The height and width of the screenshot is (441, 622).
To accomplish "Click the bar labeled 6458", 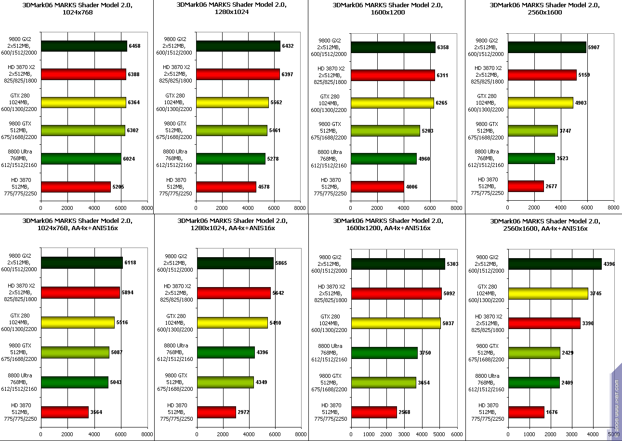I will pos(84,46).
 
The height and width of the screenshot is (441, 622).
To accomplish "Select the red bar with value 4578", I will pos(225,187).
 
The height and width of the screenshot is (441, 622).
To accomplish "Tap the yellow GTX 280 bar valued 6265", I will pos(392,103).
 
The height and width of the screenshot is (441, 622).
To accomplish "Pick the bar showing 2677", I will pos(526,186).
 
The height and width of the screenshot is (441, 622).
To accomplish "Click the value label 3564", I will pos(96,413).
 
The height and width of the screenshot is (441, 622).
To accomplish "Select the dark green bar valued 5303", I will pos(398,264).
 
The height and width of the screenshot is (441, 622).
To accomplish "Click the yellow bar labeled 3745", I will pos(548,293).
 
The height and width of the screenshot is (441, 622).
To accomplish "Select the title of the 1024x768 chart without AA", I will pos(77,9).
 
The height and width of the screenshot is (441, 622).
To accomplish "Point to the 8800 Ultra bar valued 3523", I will pos(531,158).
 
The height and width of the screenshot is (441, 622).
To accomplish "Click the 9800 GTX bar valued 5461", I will pos(231,130).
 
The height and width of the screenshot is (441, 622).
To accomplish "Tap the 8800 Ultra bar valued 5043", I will pos(74,382).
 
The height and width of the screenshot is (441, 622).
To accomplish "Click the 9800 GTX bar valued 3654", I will pos(383,382).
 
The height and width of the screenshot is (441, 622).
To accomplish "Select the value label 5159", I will pos(584,75).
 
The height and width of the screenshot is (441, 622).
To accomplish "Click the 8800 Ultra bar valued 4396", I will pos(225,352).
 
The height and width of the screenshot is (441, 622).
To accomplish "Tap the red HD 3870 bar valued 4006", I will pos(377,187).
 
